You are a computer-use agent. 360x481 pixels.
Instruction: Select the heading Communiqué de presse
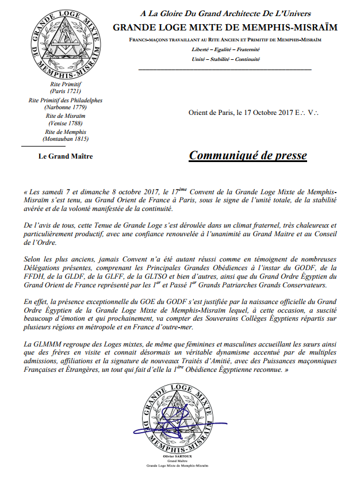248,156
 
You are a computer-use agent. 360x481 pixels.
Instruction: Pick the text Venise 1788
65,124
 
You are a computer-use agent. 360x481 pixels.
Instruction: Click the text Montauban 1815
65,140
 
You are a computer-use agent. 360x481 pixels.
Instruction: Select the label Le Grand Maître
65,156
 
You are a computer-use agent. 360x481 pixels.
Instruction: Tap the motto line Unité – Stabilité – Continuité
225,59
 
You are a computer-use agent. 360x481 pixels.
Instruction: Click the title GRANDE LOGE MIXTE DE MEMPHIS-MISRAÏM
225,27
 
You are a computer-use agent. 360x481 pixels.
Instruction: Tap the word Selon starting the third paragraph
34,258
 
